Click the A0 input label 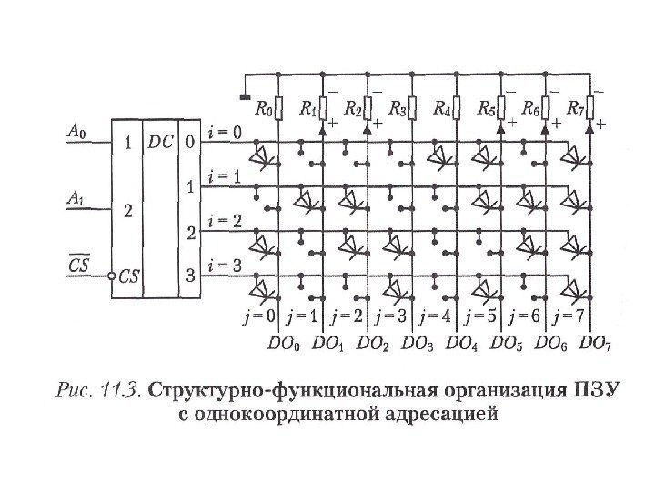pyautogui.click(x=79, y=131)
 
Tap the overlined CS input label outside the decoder pyautogui.click(x=79, y=264)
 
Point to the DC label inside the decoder pyautogui.click(x=161, y=143)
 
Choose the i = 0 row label pyautogui.click(x=225, y=134)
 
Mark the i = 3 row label pyautogui.click(x=225, y=266)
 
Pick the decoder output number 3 pyautogui.click(x=190, y=275)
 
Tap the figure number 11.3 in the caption pyautogui.click(x=118, y=393)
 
